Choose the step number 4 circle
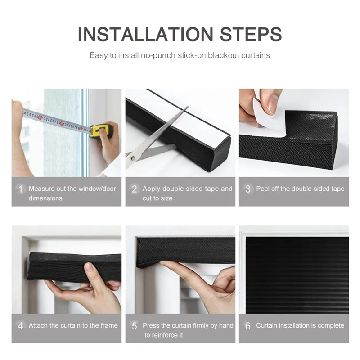(x=20, y=326)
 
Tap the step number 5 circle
(x=134, y=326)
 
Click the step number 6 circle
(x=248, y=326)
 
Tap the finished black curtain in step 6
(x=297, y=274)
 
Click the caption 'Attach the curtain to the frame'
(x=73, y=325)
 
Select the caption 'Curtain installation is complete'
(x=300, y=325)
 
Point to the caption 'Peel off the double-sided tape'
(x=300, y=189)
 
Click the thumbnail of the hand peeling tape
(x=293, y=133)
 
